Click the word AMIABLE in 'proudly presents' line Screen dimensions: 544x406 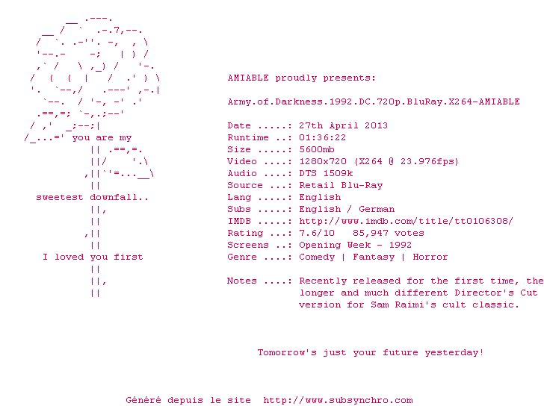[x=248, y=78]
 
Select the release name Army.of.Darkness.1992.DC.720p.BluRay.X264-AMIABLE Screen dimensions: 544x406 [x=374, y=101]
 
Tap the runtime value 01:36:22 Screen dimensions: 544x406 [x=322, y=137]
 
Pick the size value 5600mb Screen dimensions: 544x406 [x=316, y=150]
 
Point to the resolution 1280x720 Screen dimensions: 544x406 [x=322, y=161]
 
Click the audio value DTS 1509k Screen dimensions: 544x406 [x=326, y=173]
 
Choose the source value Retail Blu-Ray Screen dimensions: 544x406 [x=341, y=185]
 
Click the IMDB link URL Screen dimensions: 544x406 [x=406, y=222]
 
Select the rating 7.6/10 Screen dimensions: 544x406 [x=317, y=233]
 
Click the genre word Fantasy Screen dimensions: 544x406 [x=374, y=257]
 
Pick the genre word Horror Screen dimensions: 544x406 [x=430, y=257]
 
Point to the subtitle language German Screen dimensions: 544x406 [x=377, y=209]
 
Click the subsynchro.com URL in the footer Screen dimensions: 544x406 [x=338, y=401]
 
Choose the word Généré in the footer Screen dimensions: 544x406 [x=143, y=400]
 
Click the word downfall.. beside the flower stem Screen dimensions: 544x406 [x=119, y=198]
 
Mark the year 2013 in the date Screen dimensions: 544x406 [x=376, y=125]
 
